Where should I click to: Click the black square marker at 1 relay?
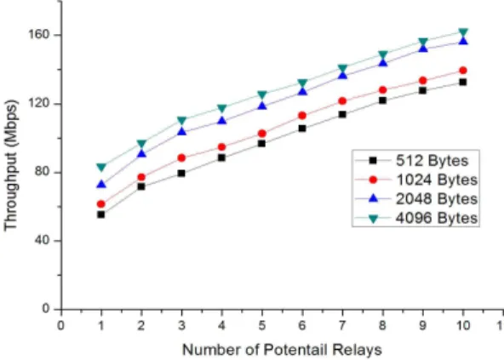click(x=101, y=214)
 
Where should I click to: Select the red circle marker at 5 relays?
click(x=262, y=134)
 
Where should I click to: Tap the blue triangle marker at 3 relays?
click(x=181, y=131)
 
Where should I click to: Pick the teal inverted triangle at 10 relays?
click(x=463, y=33)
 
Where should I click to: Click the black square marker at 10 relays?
click(x=463, y=83)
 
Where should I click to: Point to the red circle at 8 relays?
click(x=382, y=90)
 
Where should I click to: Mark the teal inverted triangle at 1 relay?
click(x=101, y=168)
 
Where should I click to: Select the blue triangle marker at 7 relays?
click(x=342, y=75)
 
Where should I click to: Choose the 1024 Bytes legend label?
click(x=437, y=180)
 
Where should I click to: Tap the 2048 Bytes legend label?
click(x=437, y=199)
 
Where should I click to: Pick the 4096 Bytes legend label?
click(x=437, y=218)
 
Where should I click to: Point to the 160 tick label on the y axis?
click(x=39, y=34)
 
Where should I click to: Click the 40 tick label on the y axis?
click(x=43, y=241)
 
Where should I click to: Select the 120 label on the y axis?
click(x=39, y=104)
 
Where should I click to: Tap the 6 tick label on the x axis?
click(x=302, y=326)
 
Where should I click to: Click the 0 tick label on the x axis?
click(x=60, y=326)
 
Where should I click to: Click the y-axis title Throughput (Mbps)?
click(x=11, y=166)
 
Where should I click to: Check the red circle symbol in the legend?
click(x=373, y=180)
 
